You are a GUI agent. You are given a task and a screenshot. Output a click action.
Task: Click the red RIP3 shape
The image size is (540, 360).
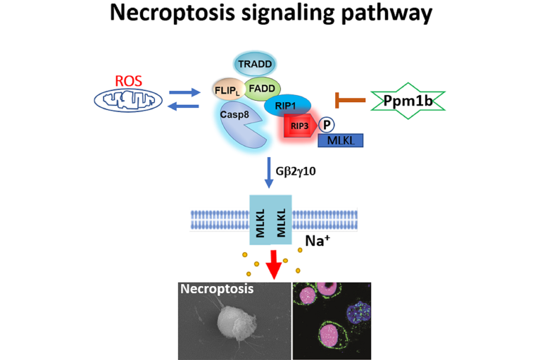(299, 127)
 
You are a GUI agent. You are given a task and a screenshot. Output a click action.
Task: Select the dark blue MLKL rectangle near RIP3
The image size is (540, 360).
(341, 140)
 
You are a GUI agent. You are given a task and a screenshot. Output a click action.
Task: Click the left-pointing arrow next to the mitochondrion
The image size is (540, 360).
(184, 106)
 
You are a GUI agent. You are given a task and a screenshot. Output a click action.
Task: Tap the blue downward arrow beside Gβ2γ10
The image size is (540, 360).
(271, 172)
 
